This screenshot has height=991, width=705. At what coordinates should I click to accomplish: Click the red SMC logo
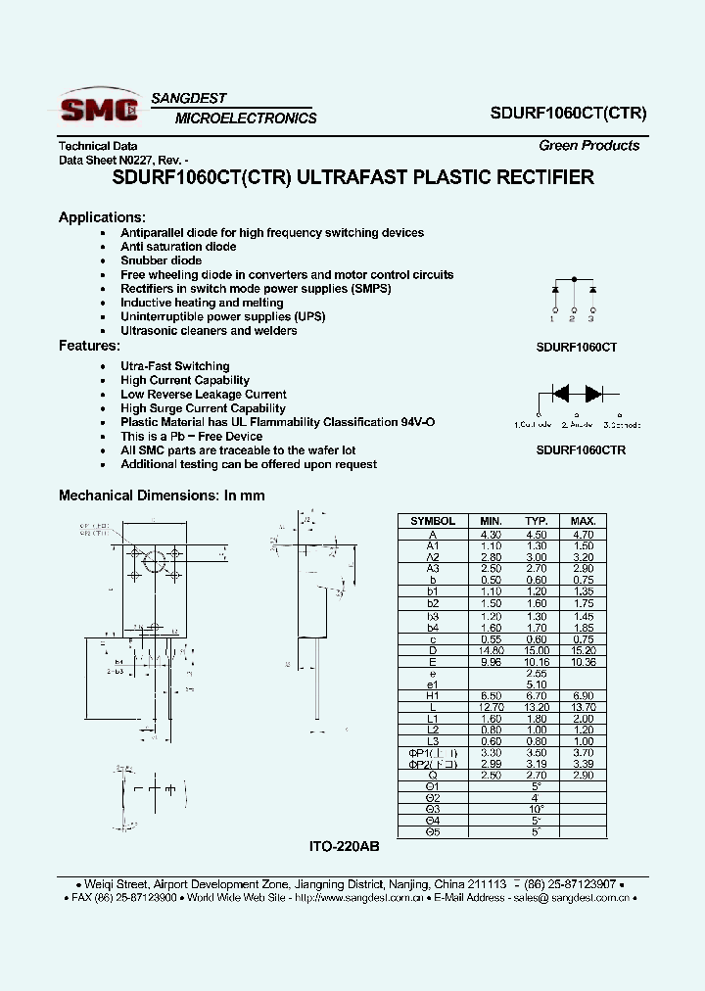point(98,108)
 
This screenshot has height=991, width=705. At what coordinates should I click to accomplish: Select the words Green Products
point(588,146)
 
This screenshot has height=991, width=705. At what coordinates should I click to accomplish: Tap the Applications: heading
point(102,217)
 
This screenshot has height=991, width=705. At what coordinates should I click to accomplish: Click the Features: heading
point(89,346)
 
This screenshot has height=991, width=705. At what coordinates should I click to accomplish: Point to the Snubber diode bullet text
point(161,260)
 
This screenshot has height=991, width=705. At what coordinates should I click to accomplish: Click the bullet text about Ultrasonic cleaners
point(209,331)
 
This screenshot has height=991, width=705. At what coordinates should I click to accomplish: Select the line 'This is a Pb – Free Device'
point(191,437)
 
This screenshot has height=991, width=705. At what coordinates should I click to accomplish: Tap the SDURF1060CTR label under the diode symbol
point(581,450)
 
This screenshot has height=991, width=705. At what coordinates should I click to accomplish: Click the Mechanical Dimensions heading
point(162,495)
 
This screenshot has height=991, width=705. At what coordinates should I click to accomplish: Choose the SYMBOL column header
point(432,521)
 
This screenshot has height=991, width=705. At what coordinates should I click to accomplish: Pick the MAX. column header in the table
point(582,521)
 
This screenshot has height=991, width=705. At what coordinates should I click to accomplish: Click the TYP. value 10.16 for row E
point(536,661)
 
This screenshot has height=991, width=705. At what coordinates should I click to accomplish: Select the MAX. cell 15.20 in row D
point(582,650)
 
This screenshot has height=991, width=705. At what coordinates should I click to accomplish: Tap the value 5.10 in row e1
point(536,684)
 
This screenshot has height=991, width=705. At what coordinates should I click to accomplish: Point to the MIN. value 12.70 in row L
point(491,707)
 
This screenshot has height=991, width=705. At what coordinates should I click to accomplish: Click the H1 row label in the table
point(432,695)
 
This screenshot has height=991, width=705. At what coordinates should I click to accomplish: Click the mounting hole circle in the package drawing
point(154,561)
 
